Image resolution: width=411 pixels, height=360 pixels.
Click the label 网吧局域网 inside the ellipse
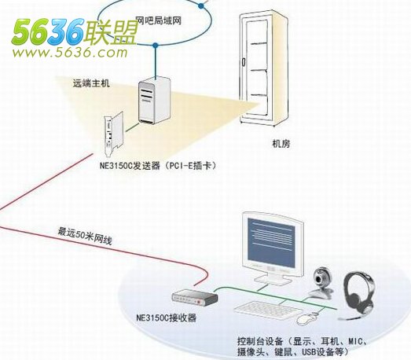pos(159,20)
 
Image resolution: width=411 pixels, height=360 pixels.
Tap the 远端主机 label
pos(91,83)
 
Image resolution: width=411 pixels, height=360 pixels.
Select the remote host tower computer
pos(154,100)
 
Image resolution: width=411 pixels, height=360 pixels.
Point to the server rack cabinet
pos(263,68)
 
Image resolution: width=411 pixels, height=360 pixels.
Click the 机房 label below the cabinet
pos(281,144)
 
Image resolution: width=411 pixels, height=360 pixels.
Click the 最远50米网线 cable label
pos(85,237)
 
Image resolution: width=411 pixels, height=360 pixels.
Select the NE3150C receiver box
pos(195,298)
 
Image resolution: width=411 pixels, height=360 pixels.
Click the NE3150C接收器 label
pos(167,318)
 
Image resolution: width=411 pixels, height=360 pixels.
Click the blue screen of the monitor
pos(271,242)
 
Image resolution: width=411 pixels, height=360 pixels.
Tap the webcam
pos(321,283)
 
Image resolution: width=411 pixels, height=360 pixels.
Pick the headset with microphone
pos(358,296)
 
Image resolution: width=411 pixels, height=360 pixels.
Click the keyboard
pos(268,310)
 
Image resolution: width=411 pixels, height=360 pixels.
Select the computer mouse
pos(307,318)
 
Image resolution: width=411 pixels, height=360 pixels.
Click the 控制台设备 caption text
pos(303,346)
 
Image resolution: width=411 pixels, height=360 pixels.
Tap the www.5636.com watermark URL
pos(70,53)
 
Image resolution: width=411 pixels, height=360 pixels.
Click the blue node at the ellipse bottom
pos(156,46)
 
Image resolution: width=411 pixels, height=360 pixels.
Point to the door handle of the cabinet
pos(244,62)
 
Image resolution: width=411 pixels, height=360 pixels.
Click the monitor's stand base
pos(273,280)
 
